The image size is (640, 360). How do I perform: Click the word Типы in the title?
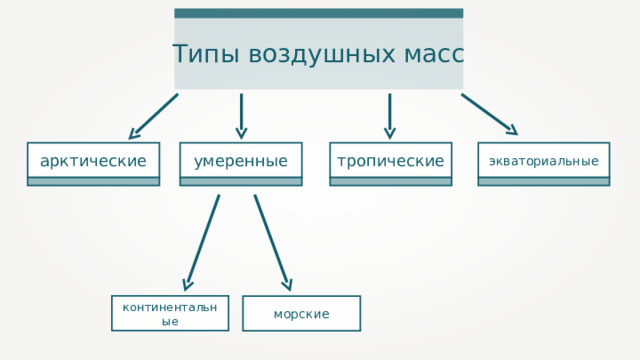click(201, 54)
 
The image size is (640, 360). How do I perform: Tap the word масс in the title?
click(424, 54)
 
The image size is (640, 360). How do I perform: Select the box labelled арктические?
click(93, 160)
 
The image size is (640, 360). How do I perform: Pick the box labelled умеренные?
click(241, 160)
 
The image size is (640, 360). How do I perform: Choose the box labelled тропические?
click(391, 160)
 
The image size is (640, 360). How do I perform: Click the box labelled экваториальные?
click(543, 160)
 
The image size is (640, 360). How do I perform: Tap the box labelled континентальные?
click(170, 313)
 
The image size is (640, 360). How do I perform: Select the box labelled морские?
click(301, 314)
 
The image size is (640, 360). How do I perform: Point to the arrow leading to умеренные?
click(241, 116)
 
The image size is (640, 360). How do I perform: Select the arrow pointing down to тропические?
click(390, 116)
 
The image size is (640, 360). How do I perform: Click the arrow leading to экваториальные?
click(489, 114)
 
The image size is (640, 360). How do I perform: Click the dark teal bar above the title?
click(318, 13)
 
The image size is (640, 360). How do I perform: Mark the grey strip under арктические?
click(93, 182)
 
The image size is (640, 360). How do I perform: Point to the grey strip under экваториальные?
click(543, 182)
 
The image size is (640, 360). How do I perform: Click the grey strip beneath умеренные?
click(241, 182)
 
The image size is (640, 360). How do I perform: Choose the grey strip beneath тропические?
click(391, 182)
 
